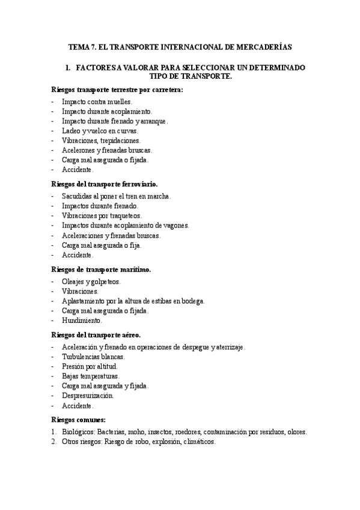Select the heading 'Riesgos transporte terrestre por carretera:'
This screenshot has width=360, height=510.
click(x=117, y=90)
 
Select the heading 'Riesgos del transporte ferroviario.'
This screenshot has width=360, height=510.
click(x=105, y=184)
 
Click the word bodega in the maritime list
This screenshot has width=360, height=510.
click(x=193, y=301)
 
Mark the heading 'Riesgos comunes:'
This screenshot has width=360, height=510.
click(x=79, y=419)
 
